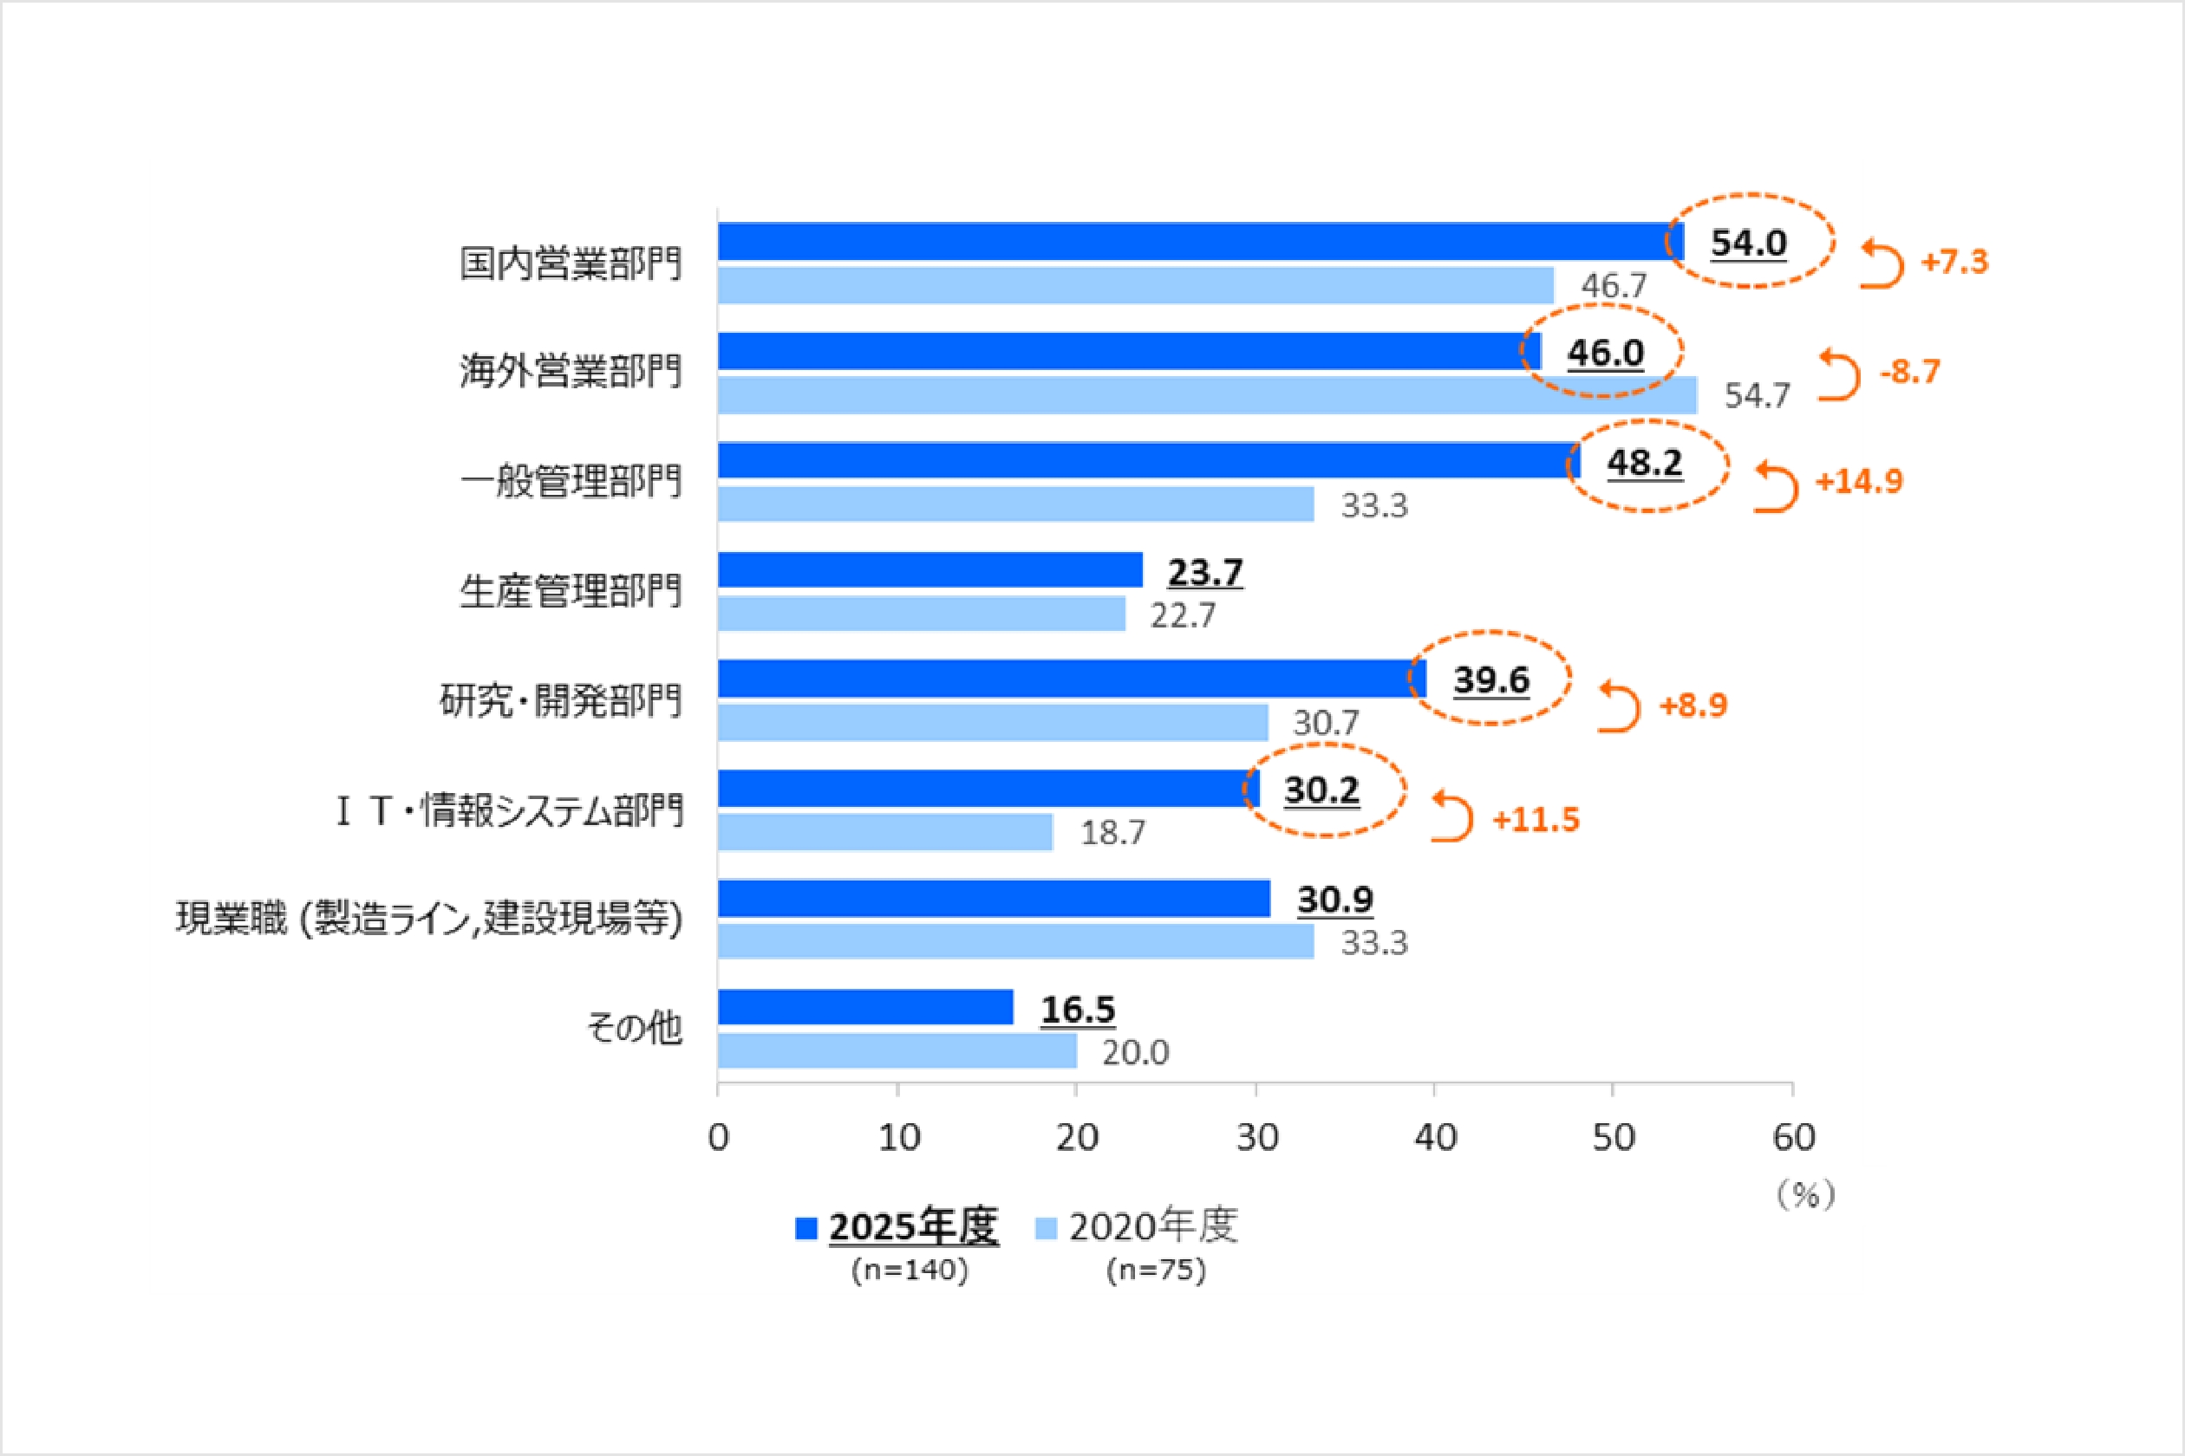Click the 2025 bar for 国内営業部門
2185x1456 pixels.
(x=1198, y=242)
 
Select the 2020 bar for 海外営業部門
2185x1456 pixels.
(x=1206, y=394)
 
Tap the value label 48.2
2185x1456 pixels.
(x=1644, y=463)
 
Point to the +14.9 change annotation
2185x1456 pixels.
(x=1859, y=482)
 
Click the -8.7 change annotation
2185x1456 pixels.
(x=1910, y=373)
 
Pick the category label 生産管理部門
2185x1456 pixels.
(x=571, y=591)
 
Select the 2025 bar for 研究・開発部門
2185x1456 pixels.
(x=1070, y=679)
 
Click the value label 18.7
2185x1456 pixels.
(x=1112, y=833)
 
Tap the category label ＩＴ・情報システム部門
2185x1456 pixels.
(x=509, y=810)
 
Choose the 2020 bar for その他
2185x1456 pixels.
(x=897, y=1051)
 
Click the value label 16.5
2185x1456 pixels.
(x=1078, y=1010)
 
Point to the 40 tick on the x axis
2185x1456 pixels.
(x=1435, y=1137)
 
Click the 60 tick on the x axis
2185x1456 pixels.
(x=1793, y=1137)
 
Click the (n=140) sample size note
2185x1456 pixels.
(x=910, y=1270)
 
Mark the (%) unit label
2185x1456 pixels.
(x=1805, y=1194)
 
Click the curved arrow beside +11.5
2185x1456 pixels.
(x=1452, y=816)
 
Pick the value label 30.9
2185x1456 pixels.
(x=1335, y=900)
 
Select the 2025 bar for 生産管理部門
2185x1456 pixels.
(x=929, y=570)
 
